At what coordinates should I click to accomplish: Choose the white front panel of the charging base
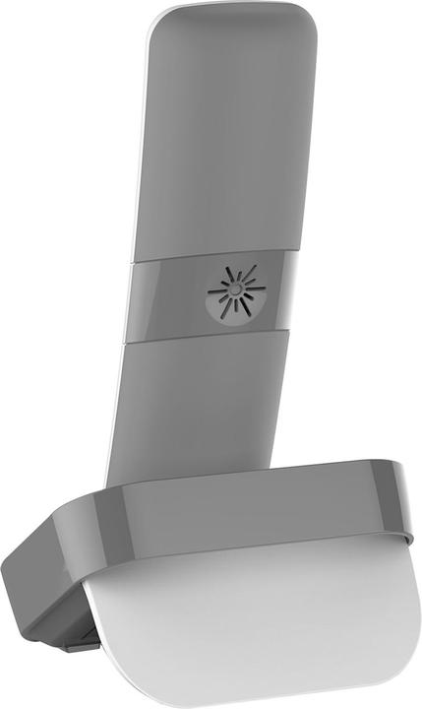pyautogui.click(x=256, y=620)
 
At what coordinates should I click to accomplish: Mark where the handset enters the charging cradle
pyautogui.click(x=207, y=483)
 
